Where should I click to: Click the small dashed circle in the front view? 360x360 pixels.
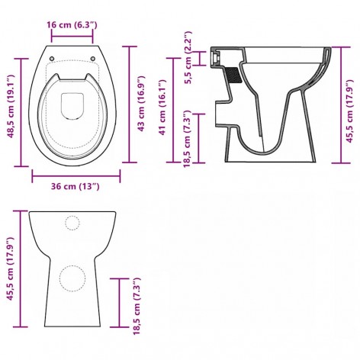72,223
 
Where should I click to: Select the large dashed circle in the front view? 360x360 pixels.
73,278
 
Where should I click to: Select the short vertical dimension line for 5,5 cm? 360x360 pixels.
200,56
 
